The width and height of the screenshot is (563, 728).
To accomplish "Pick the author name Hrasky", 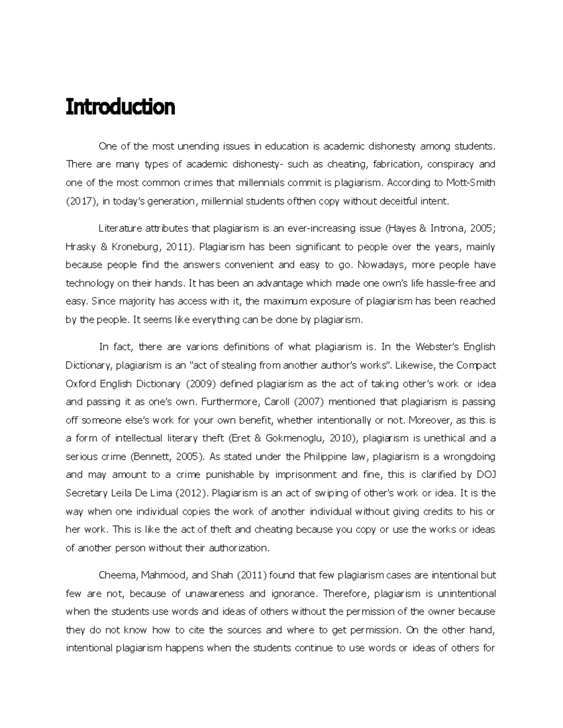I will (x=80, y=247).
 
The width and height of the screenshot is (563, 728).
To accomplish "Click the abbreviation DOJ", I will (x=486, y=474).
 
